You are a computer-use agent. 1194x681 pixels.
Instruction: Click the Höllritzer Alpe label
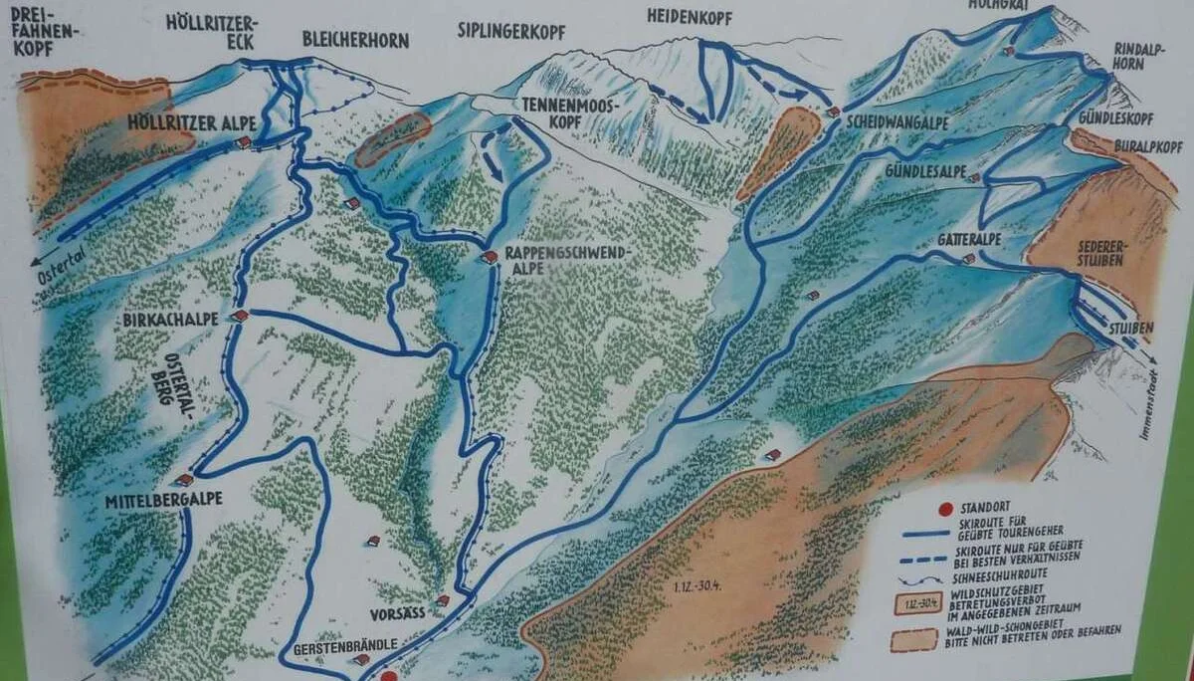click(x=192, y=121)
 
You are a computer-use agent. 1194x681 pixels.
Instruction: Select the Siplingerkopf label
click(x=511, y=33)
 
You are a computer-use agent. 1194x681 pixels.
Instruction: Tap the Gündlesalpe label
click(x=925, y=171)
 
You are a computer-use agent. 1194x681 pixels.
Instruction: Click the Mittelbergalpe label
click(x=163, y=501)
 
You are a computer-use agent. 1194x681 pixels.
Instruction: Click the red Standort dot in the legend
click(x=944, y=510)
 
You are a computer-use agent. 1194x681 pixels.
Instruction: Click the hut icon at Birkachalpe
click(x=240, y=316)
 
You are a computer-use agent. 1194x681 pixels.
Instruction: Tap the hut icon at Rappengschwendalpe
click(x=489, y=257)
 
